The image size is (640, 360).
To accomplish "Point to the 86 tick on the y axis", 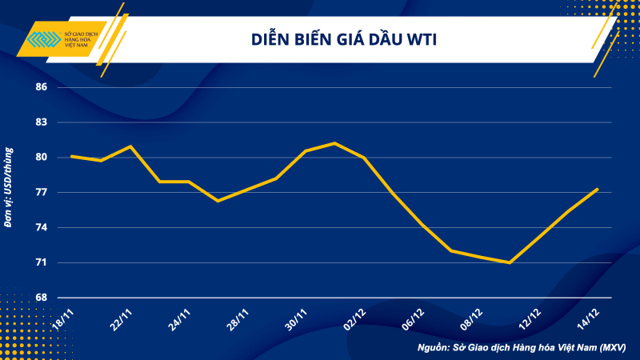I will tap(41, 87).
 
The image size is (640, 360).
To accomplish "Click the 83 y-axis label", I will tap(41, 122).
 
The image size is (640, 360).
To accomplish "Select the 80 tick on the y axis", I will tap(41, 158).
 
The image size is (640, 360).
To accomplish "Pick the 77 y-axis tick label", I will tap(41, 193).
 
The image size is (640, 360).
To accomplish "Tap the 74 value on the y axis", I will tap(41, 228).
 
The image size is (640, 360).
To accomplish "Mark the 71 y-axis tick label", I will tap(41, 262).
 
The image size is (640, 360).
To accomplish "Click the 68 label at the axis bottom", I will tap(41, 298).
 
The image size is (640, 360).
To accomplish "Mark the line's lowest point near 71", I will tap(509, 262).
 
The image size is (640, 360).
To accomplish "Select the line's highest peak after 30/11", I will tap(334, 143).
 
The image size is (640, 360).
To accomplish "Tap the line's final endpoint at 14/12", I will tap(596, 190).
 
